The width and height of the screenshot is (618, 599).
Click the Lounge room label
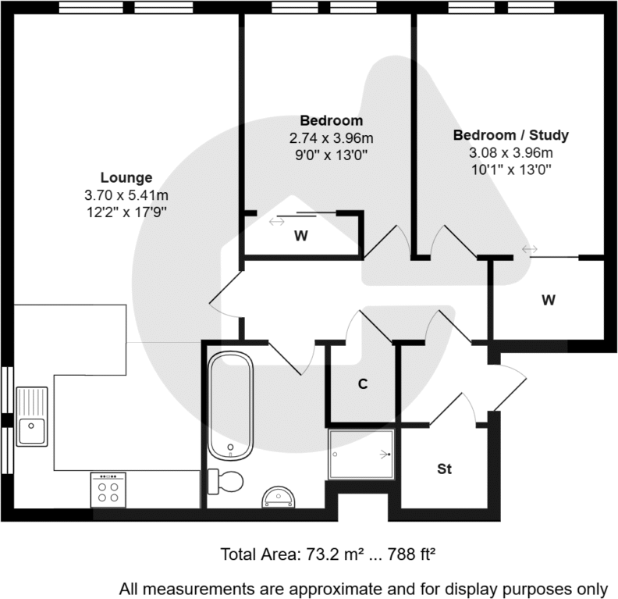126,177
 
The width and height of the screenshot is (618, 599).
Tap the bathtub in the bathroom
231,405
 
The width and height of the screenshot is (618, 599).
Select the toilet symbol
224,480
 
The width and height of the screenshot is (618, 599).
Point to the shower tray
361,454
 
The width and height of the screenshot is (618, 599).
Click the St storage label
444,469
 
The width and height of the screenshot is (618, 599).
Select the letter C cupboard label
363,384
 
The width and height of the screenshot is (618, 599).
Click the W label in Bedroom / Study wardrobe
549,299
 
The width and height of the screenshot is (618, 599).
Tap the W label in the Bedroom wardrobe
300,235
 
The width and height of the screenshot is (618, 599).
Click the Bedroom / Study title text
511,135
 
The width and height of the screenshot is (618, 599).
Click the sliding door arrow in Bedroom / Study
530,249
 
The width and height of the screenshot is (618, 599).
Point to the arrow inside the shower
384,454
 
